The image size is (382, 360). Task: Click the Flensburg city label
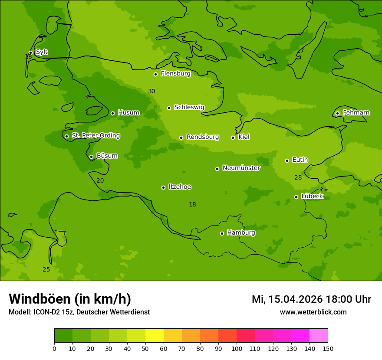[175, 74]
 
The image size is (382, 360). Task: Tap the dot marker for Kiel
[233, 137]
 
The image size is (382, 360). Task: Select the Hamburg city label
[241, 233]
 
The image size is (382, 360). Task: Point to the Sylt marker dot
[30, 52]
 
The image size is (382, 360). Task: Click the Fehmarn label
[356, 113]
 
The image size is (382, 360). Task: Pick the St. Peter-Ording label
[95, 136]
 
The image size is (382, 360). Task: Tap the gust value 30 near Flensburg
[151, 92]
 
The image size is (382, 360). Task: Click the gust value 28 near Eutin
[298, 178]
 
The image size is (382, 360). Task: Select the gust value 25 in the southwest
[46, 270]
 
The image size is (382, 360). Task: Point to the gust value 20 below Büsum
[100, 181]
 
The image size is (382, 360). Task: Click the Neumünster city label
[241, 168]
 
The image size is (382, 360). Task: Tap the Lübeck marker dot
[296, 197]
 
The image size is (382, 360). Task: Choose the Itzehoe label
[180, 187]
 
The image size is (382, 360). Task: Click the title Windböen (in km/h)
[70, 299]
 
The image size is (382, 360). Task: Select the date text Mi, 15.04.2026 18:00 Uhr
[311, 299]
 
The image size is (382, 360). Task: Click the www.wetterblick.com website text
[313, 312]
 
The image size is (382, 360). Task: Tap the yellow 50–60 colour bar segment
[155, 336]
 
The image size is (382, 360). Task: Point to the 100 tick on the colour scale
[237, 348]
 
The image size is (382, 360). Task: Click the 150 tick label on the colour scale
[328, 348]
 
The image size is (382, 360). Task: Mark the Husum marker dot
[112, 113]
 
